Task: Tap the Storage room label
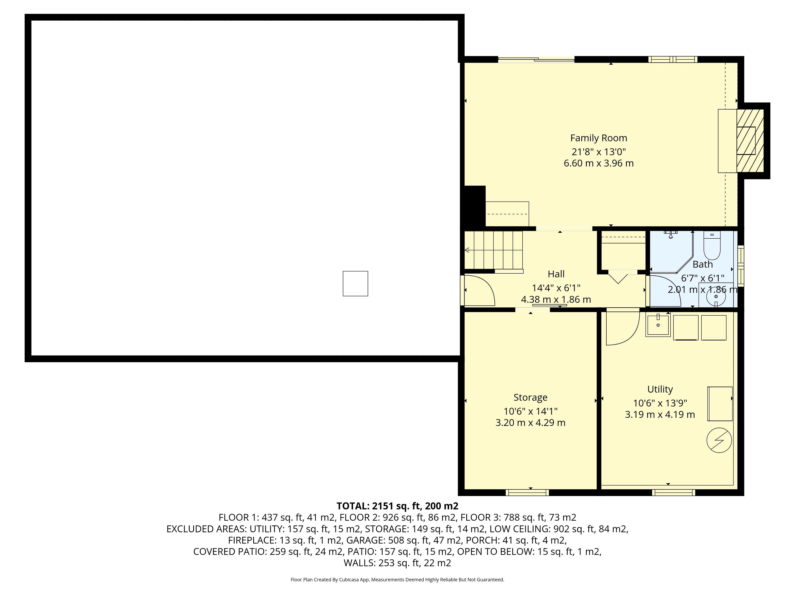pyautogui.click(x=530, y=397)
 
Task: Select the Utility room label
pyautogui.click(x=660, y=389)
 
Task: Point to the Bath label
pyautogui.click(x=703, y=264)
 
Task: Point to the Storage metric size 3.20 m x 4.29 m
pyautogui.click(x=530, y=423)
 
